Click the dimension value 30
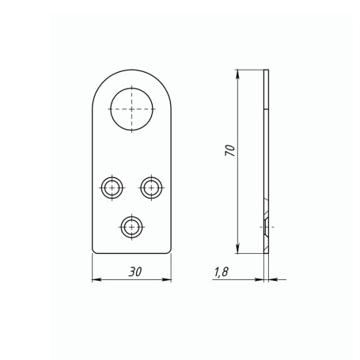point(135,271)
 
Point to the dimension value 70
point(230,150)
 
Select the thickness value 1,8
point(221,272)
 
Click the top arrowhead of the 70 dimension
point(237,74)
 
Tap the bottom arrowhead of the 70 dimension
point(237,249)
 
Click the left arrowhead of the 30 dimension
point(97,279)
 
